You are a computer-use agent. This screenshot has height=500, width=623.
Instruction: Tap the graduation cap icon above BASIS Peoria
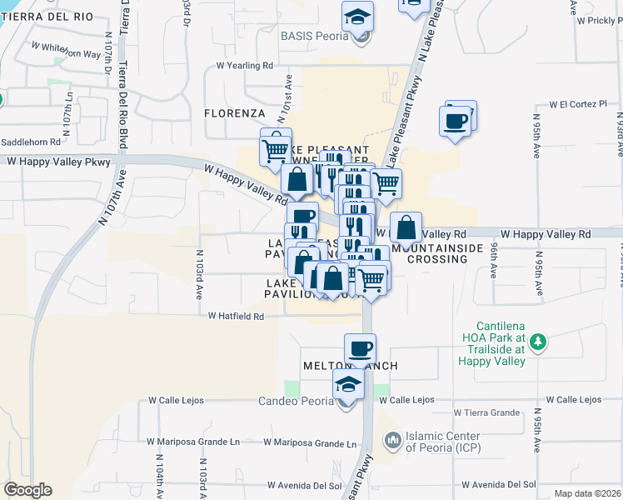coord(357,17)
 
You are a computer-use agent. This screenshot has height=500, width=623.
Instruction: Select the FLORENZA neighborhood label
coord(235,112)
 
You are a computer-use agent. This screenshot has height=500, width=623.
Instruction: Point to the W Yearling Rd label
coord(244,65)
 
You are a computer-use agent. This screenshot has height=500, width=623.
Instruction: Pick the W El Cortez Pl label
coord(578,105)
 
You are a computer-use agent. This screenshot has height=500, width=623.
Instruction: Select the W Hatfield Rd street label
coord(236,317)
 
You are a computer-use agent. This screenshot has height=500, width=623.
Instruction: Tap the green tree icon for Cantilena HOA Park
coord(539,340)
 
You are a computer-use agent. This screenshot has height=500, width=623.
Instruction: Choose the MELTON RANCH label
coord(351,366)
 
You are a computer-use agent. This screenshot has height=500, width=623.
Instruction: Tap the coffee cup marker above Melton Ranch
coord(360,348)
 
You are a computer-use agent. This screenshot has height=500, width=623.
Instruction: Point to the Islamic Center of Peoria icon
coord(391,438)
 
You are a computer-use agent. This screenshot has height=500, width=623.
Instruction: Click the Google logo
coord(27,490)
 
